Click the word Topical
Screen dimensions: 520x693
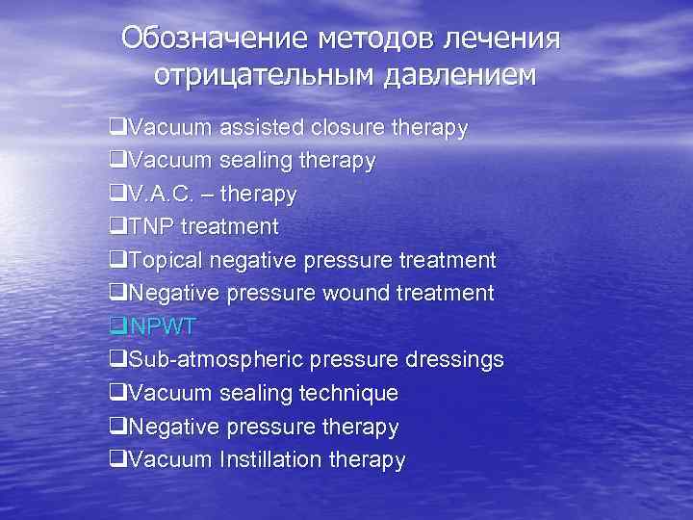point(165,260)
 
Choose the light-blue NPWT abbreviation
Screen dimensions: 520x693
point(158,326)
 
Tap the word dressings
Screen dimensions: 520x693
point(449,360)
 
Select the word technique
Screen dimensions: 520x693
point(348,393)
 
